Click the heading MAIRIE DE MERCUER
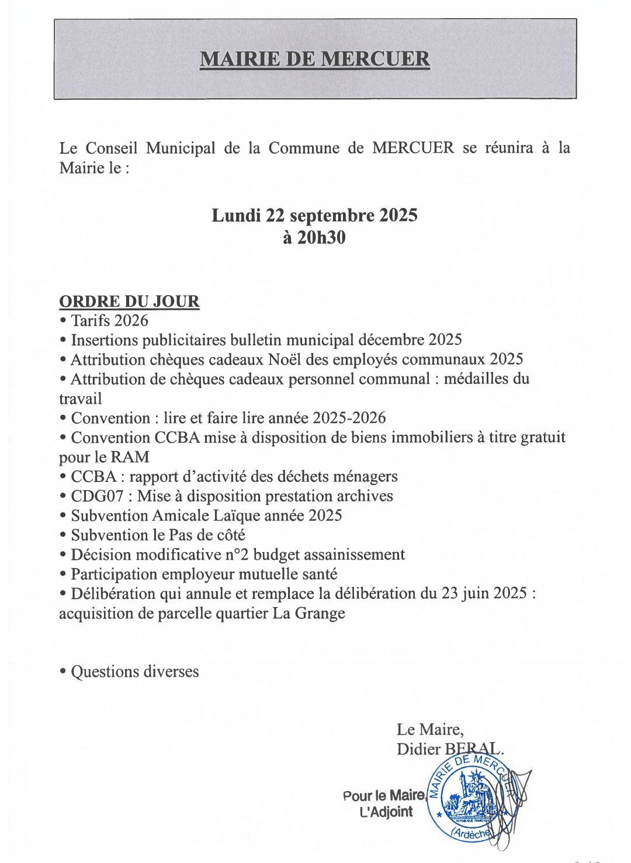pyautogui.click(x=315, y=59)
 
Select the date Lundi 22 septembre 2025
pyautogui.click(x=314, y=216)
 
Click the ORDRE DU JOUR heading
pyautogui.click(x=129, y=301)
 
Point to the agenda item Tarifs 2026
pyautogui.click(x=109, y=321)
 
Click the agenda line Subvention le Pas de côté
pyautogui.click(x=158, y=535)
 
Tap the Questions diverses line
pyautogui.click(x=134, y=672)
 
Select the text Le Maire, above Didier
pyautogui.click(x=430, y=729)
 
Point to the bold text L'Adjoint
pyautogui.click(x=386, y=812)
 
